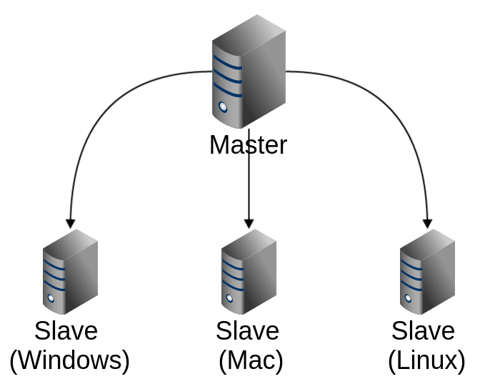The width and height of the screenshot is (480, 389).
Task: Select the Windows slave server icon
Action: (70, 272)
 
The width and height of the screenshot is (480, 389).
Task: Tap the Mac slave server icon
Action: (249, 272)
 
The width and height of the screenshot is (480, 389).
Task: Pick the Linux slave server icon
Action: (427, 272)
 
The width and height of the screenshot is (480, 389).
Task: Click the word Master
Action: (248, 145)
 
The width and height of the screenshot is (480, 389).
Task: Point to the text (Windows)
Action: (70, 360)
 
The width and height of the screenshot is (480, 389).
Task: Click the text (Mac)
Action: (251, 360)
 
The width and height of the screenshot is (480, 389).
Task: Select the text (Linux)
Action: (426, 360)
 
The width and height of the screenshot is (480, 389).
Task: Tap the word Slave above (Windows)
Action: (66, 331)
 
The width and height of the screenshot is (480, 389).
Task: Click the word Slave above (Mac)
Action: (247, 331)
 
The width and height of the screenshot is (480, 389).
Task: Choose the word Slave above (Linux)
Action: (423, 331)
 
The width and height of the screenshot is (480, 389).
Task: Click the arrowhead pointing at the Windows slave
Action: (70, 222)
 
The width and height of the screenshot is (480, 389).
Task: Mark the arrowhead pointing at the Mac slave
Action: (249, 222)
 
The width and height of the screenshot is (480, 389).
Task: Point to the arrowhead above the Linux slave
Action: (428, 222)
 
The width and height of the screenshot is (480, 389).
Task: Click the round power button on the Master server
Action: (223, 108)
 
